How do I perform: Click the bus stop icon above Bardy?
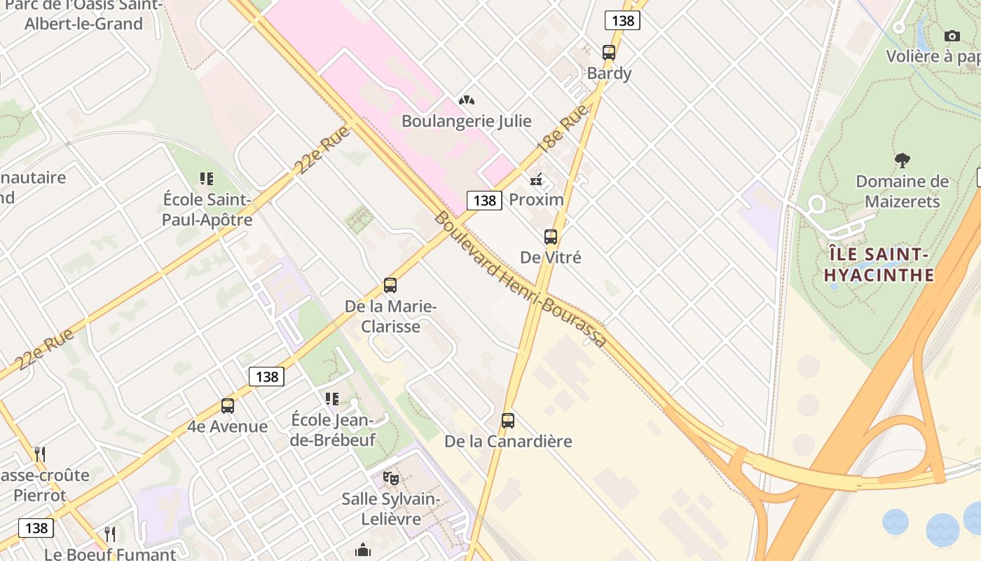(608, 52)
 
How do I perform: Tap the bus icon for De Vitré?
(551, 237)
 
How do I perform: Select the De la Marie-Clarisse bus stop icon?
(390, 285)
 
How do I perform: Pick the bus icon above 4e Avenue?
(228, 405)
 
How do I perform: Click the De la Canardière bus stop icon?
(508, 421)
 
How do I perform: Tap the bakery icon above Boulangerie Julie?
(466, 100)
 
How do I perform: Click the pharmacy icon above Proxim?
(537, 180)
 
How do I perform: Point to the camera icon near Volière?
(952, 36)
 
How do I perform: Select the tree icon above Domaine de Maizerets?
(902, 161)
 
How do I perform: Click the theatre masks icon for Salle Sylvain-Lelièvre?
(391, 479)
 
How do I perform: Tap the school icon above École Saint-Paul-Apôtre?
(206, 179)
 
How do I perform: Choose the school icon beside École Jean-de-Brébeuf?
(332, 399)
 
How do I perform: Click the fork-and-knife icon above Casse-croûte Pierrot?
(40, 454)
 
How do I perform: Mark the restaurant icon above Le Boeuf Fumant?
(110, 534)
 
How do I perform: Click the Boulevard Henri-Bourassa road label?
(519, 279)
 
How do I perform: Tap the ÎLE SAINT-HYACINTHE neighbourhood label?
(879, 264)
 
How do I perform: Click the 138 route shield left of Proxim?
(484, 201)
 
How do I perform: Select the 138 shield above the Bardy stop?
(622, 20)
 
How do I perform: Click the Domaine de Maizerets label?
(902, 191)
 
